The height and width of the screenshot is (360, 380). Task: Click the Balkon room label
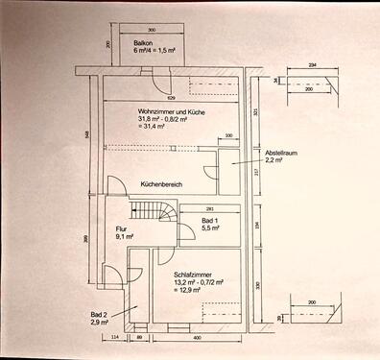click(144, 43)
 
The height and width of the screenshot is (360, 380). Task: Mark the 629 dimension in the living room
click(171, 98)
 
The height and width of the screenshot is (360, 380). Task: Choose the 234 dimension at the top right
click(313, 65)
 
